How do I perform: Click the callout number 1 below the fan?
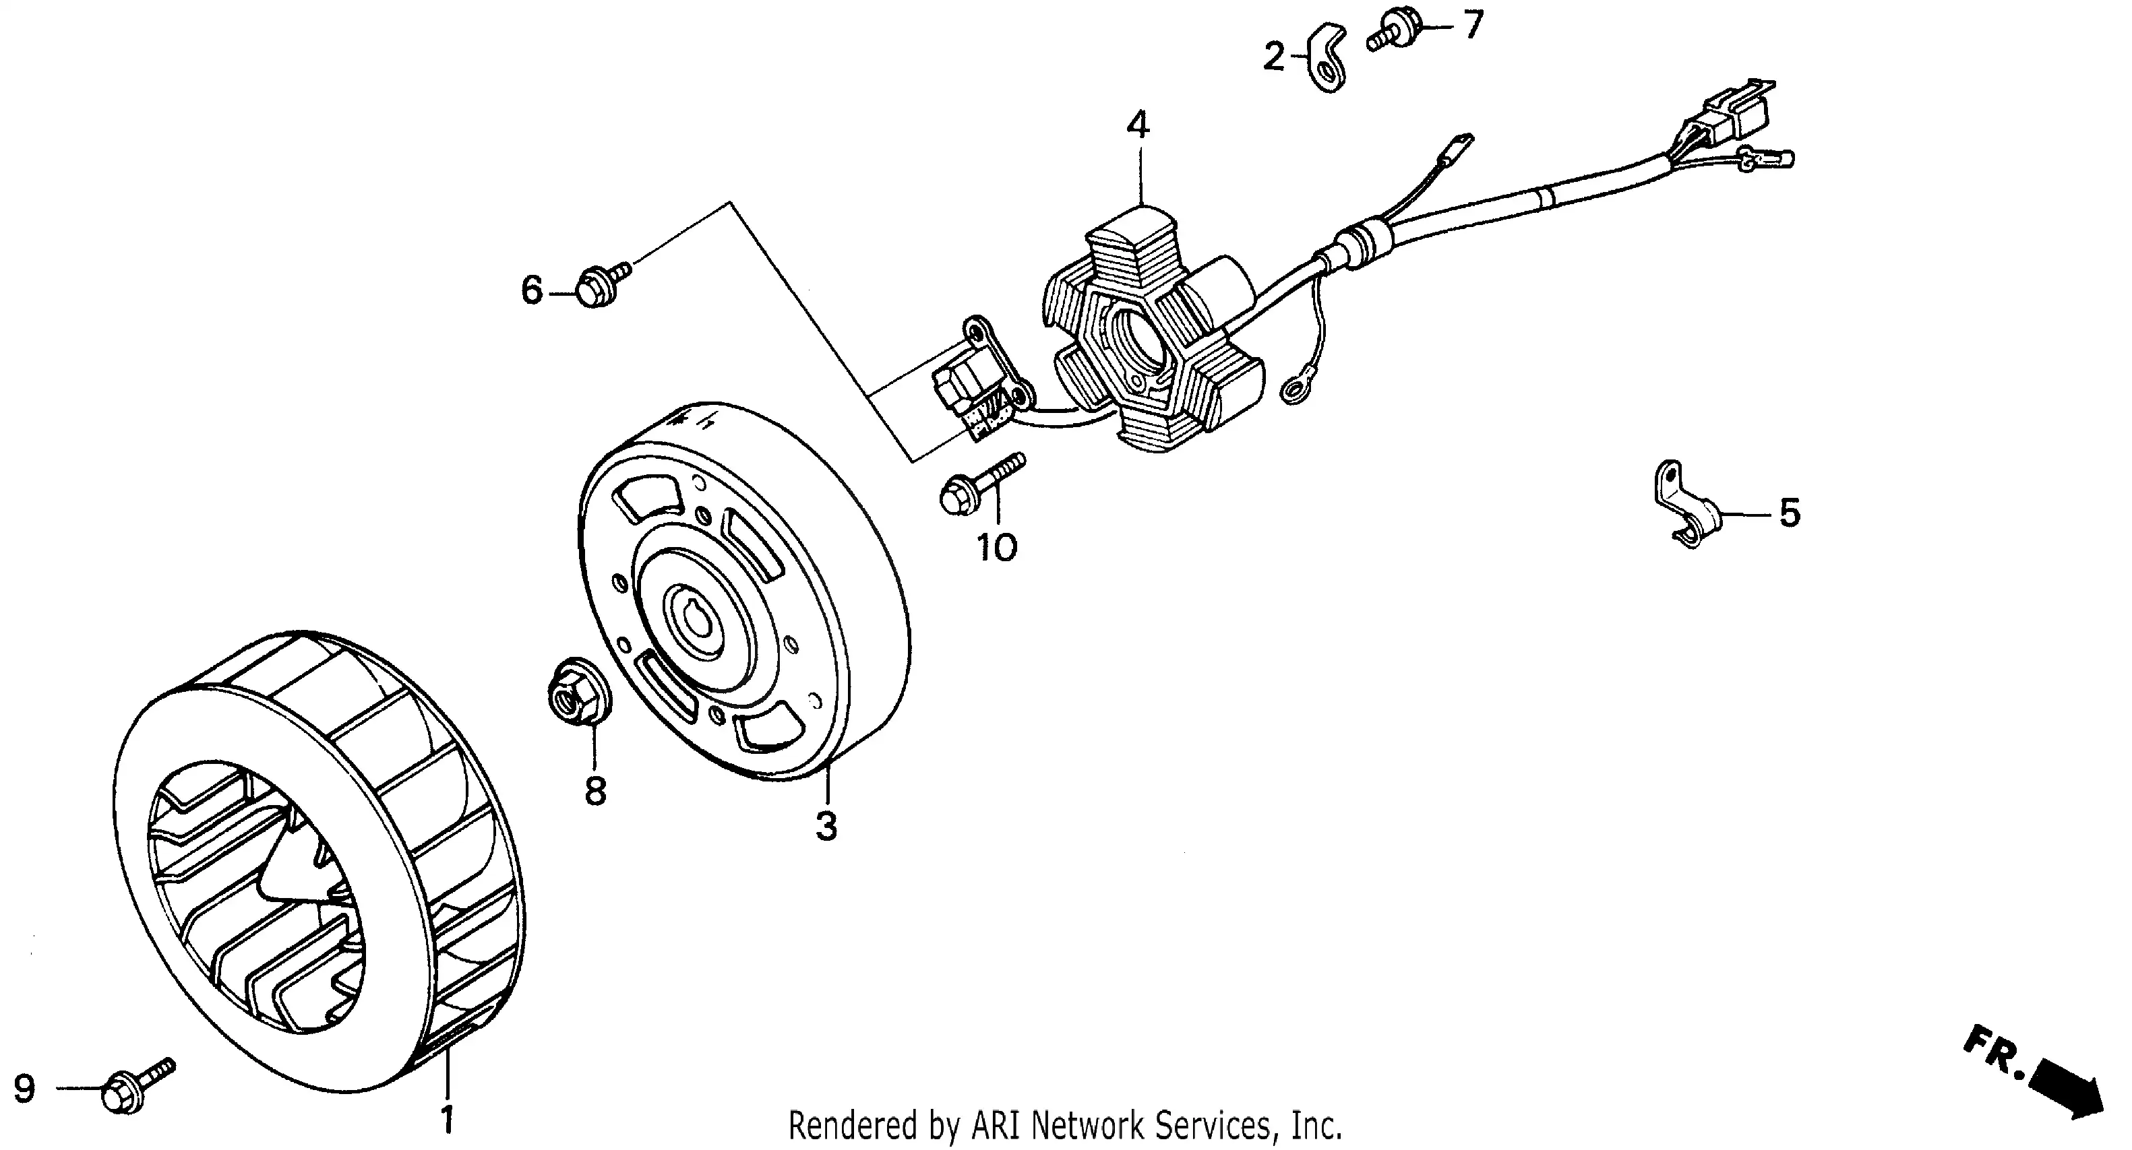447,1120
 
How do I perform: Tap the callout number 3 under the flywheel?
826,827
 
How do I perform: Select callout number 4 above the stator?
1138,126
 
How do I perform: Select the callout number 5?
1790,514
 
